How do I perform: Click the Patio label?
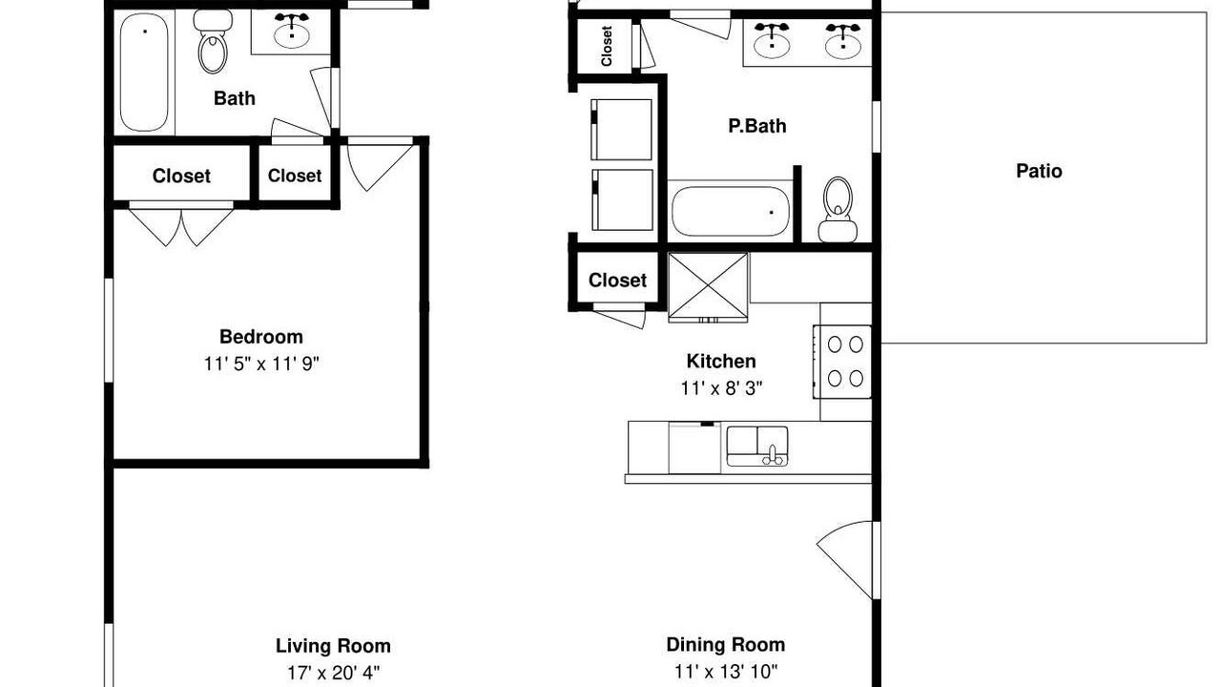coord(1039,171)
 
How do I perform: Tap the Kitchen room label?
coord(721,361)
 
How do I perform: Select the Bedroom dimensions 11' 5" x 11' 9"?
coord(261,364)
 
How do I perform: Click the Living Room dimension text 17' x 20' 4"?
coord(333,673)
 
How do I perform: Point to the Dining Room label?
coord(726,644)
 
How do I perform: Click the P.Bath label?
coord(757,126)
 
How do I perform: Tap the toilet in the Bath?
coord(213,41)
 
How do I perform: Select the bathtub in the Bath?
coord(144,73)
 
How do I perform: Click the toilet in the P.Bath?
coord(838,209)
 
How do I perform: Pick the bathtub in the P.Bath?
coord(731,212)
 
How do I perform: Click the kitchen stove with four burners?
coord(842,362)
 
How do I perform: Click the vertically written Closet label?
coord(607,47)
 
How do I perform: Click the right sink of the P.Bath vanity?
coord(843,41)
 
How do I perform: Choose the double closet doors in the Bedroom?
coord(181,224)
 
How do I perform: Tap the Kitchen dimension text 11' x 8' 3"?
coord(721,388)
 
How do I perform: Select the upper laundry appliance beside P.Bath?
coord(621,130)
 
